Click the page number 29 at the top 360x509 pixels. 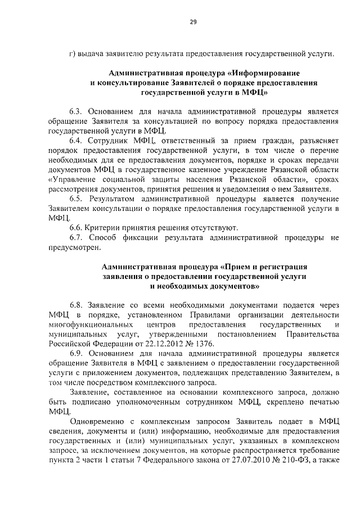coord(192,22)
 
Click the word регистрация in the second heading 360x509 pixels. coord(284,267)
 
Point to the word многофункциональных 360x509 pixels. coord(84,325)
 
